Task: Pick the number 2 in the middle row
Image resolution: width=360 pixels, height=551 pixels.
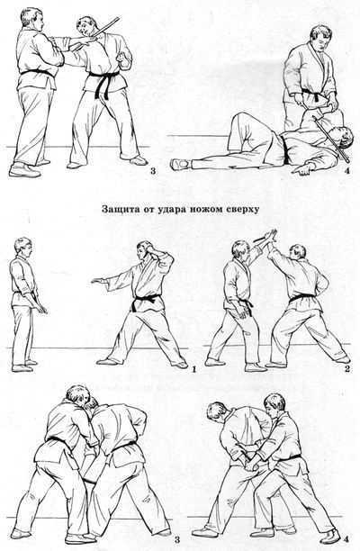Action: click(x=346, y=367)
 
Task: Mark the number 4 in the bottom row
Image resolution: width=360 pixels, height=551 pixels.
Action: click(x=335, y=537)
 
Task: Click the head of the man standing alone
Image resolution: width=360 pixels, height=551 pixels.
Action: click(x=22, y=247)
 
